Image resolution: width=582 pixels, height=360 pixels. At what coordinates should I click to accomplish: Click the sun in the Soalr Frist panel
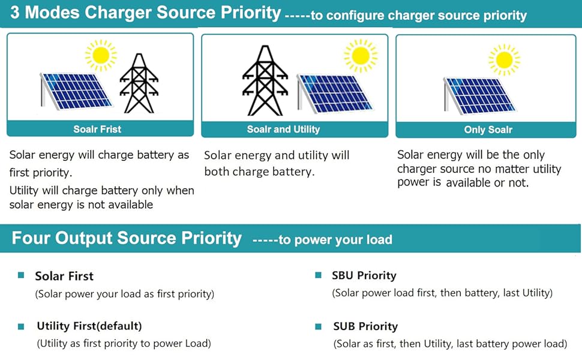pyautogui.click(x=101, y=55)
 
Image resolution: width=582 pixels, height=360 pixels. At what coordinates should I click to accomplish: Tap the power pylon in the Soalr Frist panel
pyautogui.click(x=139, y=83)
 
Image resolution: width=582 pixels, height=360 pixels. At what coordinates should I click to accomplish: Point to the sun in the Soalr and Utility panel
pyautogui.click(x=361, y=56)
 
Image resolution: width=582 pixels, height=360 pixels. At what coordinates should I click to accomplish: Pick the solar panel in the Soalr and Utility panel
pyautogui.click(x=335, y=94)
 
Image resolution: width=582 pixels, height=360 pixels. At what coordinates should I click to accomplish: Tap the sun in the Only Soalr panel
pyautogui.click(x=504, y=59)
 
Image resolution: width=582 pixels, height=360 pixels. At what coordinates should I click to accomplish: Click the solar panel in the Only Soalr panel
pyautogui.click(x=479, y=95)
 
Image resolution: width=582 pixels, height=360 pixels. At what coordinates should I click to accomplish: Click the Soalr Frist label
pyautogui.click(x=97, y=129)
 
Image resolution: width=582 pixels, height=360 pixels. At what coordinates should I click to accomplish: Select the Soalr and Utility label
pyautogui.click(x=283, y=129)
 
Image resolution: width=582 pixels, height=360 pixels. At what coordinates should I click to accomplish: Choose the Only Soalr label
pyautogui.click(x=488, y=130)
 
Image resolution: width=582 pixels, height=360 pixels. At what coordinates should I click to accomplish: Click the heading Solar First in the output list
pyautogui.click(x=64, y=276)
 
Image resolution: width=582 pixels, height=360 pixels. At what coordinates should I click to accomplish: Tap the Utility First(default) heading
pyautogui.click(x=89, y=326)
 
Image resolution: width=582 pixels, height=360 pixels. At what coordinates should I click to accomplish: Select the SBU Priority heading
pyautogui.click(x=364, y=275)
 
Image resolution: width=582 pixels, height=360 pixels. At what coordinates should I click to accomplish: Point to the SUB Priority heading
pyautogui.click(x=365, y=326)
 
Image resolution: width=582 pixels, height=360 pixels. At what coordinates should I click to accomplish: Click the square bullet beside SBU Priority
pyautogui.click(x=319, y=275)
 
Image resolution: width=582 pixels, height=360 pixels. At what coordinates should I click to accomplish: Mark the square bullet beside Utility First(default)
pyautogui.click(x=21, y=326)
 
